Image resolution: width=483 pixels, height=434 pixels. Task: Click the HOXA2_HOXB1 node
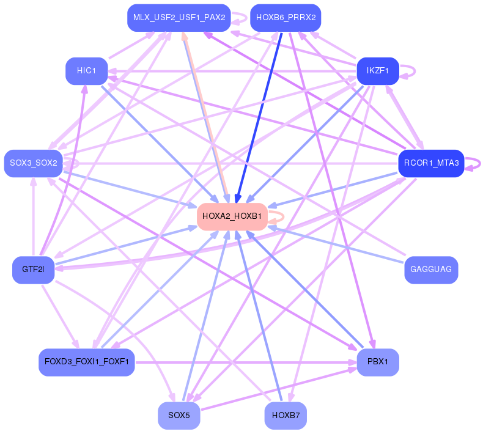(232, 216)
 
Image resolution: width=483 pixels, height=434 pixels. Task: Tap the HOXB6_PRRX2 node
(286, 18)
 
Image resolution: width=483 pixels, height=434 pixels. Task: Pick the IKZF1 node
(377, 71)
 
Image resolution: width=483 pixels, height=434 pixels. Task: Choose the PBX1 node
(377, 362)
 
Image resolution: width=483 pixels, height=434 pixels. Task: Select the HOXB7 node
(286, 416)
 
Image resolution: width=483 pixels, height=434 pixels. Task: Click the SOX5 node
(179, 416)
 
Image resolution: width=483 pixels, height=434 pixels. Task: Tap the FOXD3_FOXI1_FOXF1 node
(86, 362)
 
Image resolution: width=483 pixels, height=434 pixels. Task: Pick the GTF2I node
(33, 270)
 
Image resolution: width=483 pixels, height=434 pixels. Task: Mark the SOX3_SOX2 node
(33, 163)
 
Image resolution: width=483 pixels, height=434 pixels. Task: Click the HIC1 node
(86, 71)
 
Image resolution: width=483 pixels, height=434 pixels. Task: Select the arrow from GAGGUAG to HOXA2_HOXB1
(336, 245)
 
